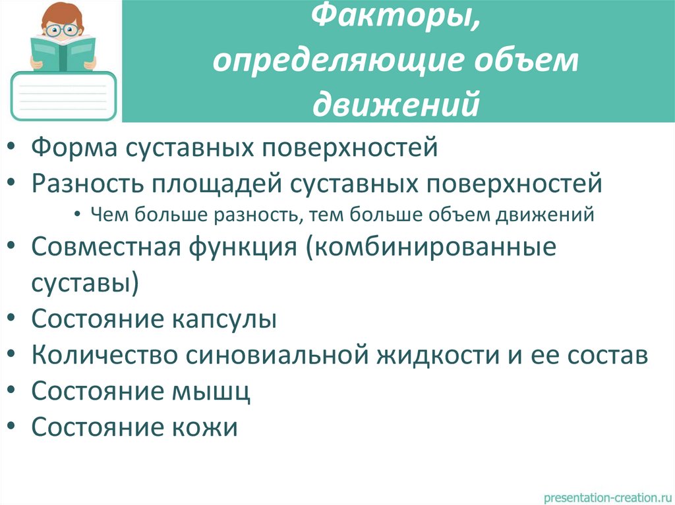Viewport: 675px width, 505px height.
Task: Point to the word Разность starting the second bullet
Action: click(88, 182)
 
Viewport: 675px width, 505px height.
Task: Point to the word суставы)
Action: click(85, 284)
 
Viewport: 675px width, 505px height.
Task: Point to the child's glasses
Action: click(63, 30)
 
